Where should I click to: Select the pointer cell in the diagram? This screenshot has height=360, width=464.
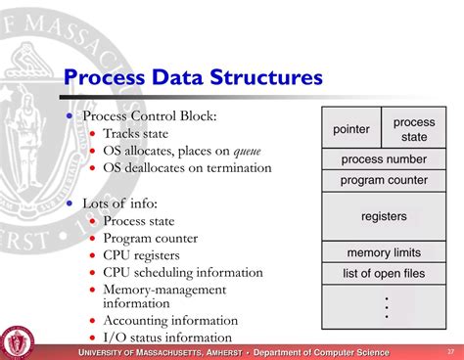350,129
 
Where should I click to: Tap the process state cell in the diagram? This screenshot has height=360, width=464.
413,129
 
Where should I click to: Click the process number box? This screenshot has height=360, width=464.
383,158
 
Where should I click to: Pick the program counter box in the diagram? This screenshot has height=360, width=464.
383,180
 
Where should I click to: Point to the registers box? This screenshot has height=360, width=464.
383,216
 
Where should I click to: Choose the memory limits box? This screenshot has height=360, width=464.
383,252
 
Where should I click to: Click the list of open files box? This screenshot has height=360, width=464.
383,274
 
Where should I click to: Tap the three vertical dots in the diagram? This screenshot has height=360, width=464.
387,306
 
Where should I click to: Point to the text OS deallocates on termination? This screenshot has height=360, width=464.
187,167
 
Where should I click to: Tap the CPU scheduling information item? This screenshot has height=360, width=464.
183,271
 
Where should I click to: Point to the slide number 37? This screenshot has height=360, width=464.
450,351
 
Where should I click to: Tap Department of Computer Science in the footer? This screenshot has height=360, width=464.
321,352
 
